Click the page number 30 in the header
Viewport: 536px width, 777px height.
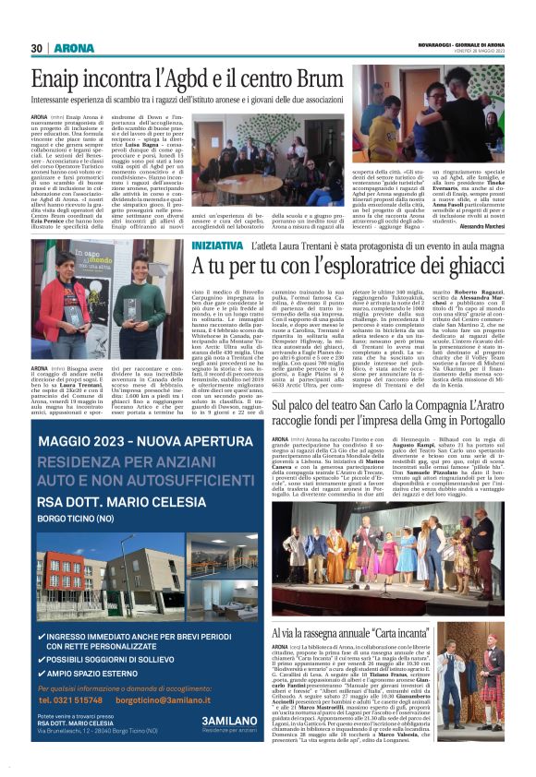coord(38,47)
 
